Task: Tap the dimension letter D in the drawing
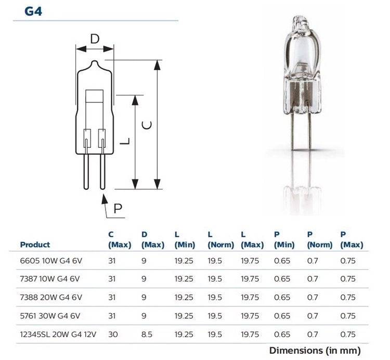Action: (x=95, y=39)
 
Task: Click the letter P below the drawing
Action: (x=119, y=209)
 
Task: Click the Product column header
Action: (x=35, y=245)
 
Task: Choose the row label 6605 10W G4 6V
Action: (x=50, y=261)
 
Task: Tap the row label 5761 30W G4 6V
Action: (x=50, y=315)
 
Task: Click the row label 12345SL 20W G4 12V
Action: (x=58, y=333)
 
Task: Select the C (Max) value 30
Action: (x=113, y=333)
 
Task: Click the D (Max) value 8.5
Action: (x=147, y=333)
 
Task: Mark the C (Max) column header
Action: (x=119, y=240)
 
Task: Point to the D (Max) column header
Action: (x=152, y=240)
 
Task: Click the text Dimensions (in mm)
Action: (x=315, y=351)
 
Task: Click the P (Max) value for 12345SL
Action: (x=348, y=333)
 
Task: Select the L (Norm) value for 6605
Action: (x=215, y=261)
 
